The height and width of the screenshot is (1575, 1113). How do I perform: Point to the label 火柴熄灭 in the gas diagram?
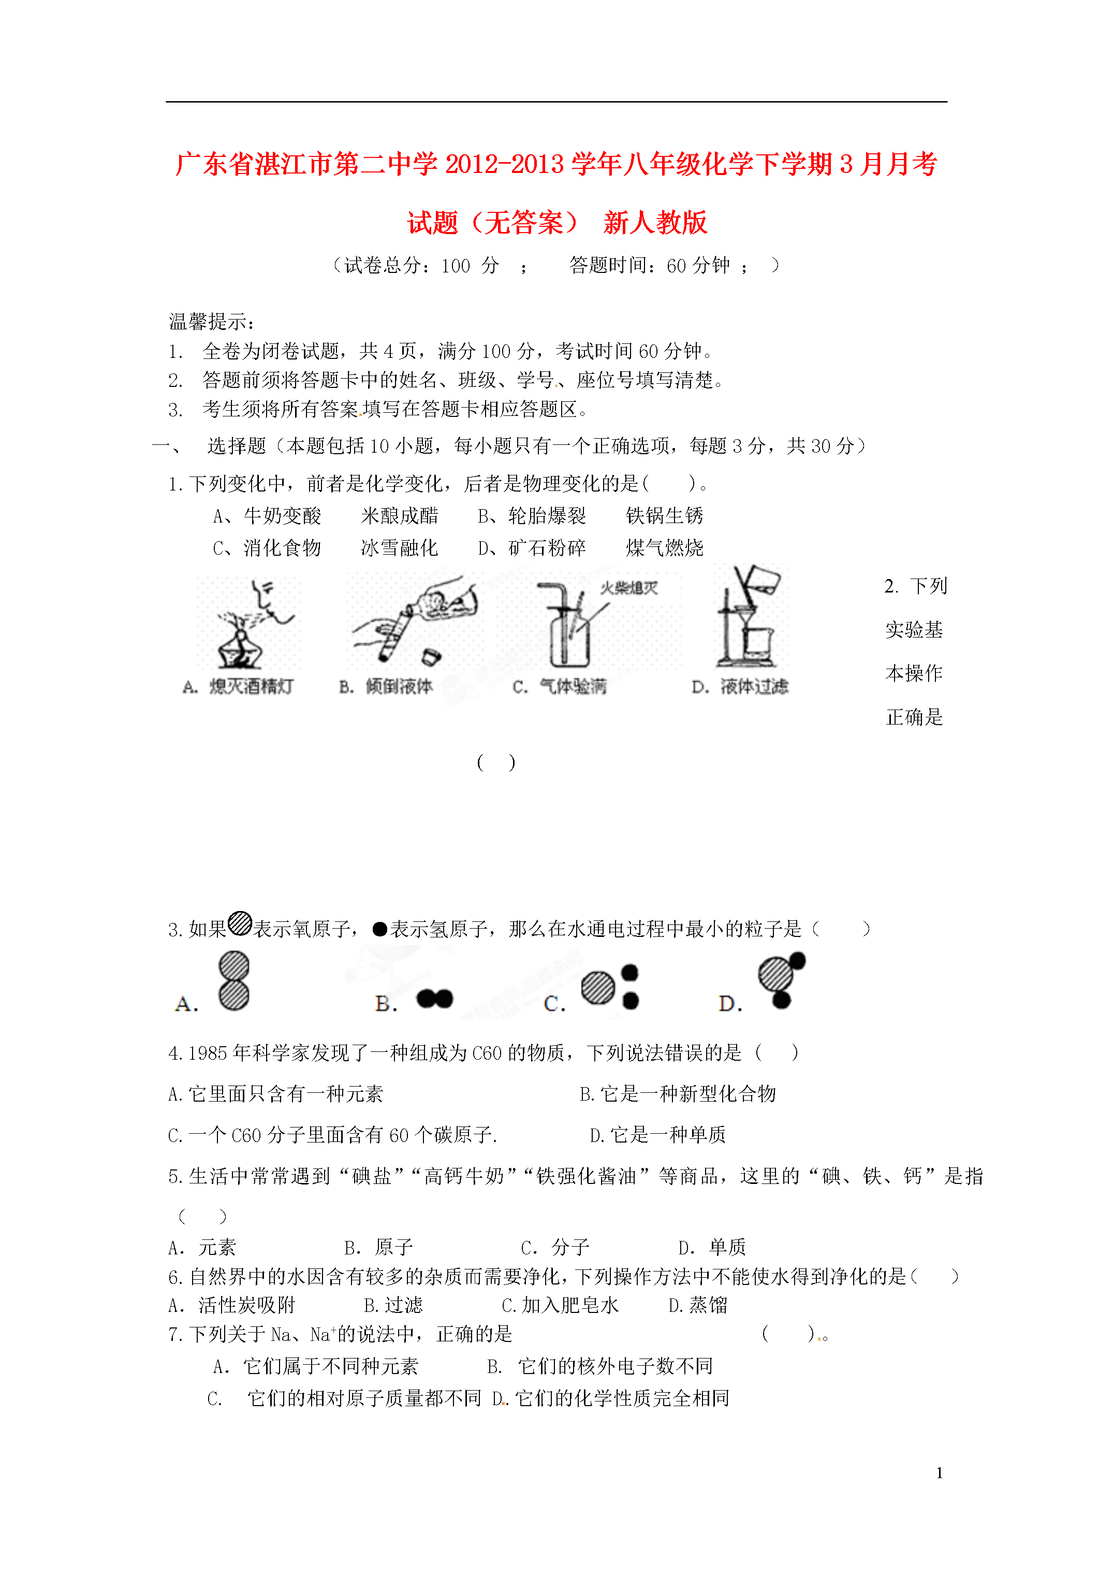coord(629,588)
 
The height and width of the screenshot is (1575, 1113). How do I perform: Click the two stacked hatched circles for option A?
coord(234,980)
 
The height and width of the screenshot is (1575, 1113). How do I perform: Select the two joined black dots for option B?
coord(435,998)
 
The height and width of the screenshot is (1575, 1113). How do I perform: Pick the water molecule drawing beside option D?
coord(781,979)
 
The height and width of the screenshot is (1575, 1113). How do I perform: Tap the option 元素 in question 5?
coord(217,1247)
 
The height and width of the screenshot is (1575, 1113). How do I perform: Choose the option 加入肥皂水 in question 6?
coord(569,1305)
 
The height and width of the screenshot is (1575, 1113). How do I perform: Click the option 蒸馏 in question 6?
coord(708,1305)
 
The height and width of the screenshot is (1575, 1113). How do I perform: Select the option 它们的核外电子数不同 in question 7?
coord(615,1366)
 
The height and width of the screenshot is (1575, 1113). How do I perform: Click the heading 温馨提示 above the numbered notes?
coord(211,321)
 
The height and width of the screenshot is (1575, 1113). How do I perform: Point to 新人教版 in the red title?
coord(655,223)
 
